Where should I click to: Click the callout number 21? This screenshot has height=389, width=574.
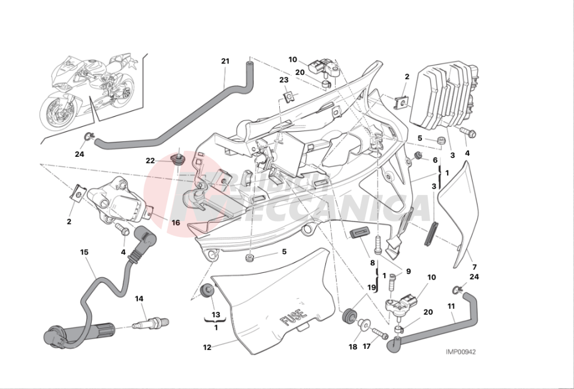click(225, 62)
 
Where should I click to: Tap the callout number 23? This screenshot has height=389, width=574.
click(283, 80)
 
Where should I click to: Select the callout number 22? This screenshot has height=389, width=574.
click(150, 160)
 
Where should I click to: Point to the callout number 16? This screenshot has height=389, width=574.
click(176, 223)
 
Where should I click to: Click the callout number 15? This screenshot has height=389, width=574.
click(84, 253)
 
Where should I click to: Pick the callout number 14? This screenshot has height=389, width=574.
click(139, 299)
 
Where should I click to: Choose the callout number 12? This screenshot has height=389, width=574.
click(207, 347)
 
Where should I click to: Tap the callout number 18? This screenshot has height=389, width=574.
click(352, 347)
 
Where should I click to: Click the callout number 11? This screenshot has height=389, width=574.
click(451, 307)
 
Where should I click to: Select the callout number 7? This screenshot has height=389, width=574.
click(473, 267)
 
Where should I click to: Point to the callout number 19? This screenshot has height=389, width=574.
click(371, 288)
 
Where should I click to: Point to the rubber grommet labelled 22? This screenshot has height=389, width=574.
click(178, 160)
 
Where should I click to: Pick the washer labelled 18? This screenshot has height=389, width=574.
click(364, 325)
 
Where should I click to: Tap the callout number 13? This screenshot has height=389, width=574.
click(216, 315)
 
